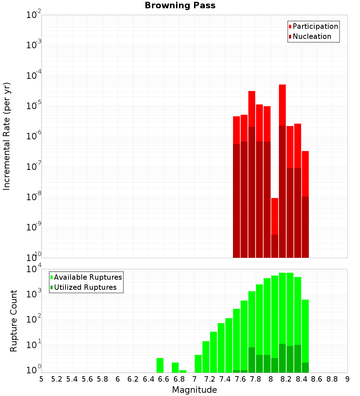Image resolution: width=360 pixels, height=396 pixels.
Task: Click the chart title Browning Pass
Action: pos(180,5)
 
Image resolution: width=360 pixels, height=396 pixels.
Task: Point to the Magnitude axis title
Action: pos(194,390)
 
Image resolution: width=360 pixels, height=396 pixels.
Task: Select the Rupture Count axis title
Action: pos(14,321)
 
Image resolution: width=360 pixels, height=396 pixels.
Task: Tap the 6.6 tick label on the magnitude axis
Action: pos(164,379)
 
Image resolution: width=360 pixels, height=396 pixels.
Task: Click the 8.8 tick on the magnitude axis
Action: pos(332,379)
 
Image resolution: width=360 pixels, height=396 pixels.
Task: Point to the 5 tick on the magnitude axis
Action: pos(41,379)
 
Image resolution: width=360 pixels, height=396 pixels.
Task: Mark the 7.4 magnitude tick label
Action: pos(225,379)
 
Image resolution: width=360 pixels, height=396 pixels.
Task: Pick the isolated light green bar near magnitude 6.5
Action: pos(160,365)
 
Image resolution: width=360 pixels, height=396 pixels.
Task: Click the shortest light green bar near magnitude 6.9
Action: pos(183,371)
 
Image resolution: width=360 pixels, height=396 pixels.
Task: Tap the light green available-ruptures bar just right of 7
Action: pos(198,364)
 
